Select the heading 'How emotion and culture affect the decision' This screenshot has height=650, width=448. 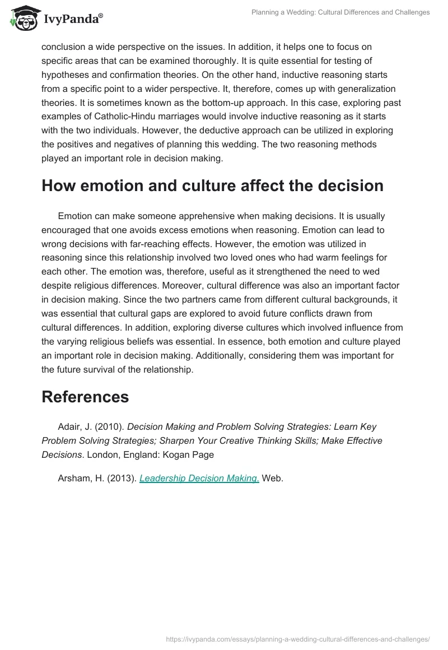click(x=212, y=185)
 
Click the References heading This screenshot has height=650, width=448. click(x=85, y=397)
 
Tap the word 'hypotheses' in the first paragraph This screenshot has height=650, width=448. click(x=67, y=75)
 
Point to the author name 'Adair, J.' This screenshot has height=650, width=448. click(x=74, y=427)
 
